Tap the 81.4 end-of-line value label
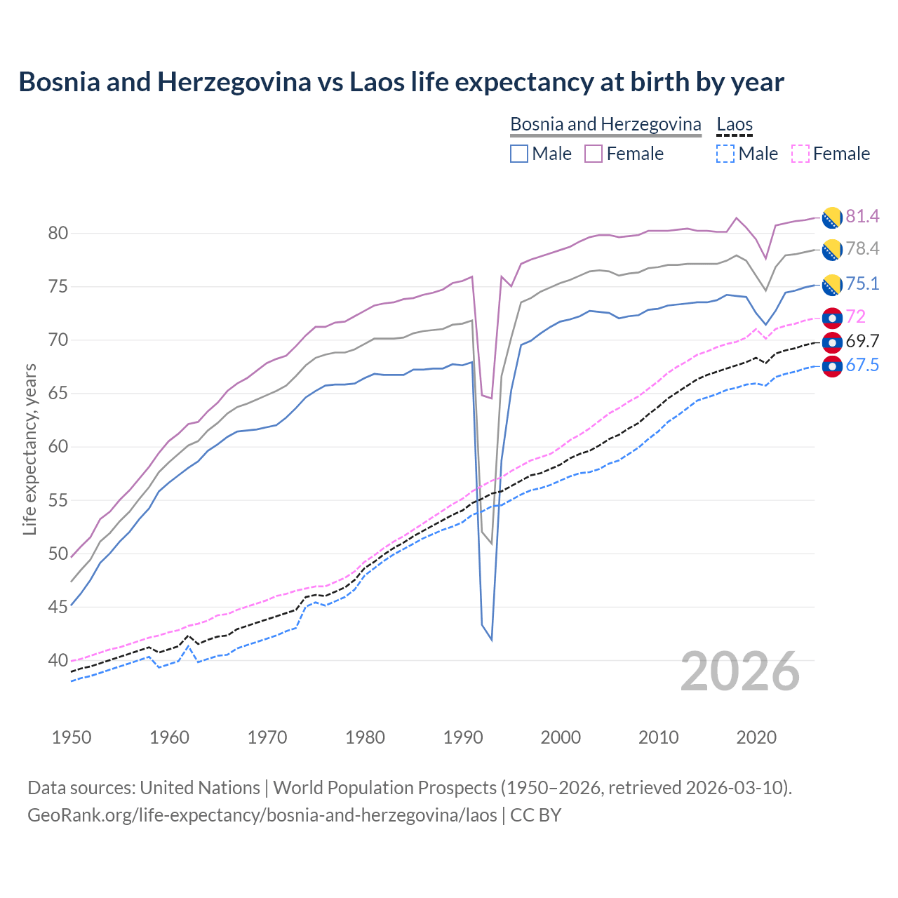[862, 217]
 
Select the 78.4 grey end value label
[862, 249]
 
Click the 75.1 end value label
[862, 284]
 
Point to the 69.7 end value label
[862, 342]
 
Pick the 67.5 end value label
[862, 366]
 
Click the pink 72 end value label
[855, 317]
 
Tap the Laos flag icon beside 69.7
[831, 342]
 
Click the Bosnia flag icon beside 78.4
[831, 249]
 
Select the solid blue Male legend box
[519, 154]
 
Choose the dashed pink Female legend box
[800, 154]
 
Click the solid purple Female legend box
[594, 154]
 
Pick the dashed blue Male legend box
[725, 154]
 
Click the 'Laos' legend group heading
[734, 125]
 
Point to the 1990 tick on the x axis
[463, 737]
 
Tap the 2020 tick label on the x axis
[756, 737]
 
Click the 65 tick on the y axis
[58, 394]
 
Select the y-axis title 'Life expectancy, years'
[29, 449]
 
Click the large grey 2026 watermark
[740, 671]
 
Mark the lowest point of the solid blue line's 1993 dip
[491, 640]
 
